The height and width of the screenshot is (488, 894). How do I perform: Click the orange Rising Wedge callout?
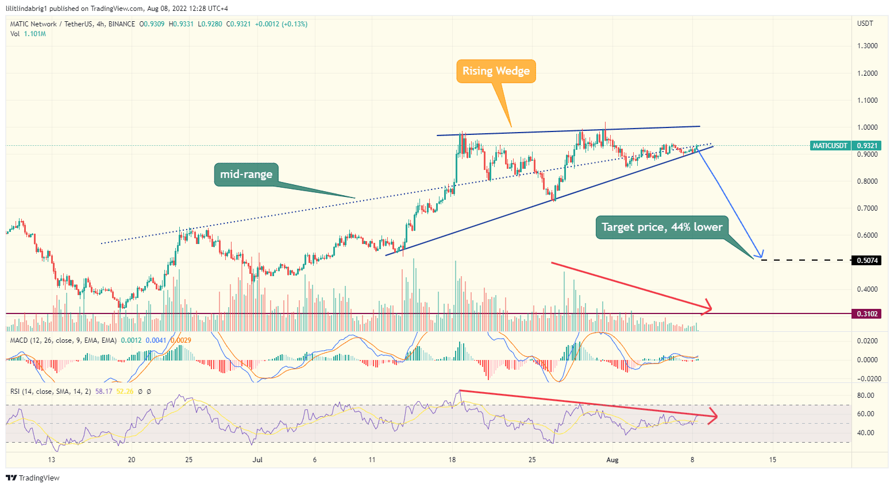tap(496, 71)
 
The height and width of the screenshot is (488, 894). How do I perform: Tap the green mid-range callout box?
tap(246, 175)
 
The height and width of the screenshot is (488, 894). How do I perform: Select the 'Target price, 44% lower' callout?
tap(662, 227)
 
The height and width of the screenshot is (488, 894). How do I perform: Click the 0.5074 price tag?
tap(867, 261)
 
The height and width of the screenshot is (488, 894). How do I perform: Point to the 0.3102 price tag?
tap(867, 314)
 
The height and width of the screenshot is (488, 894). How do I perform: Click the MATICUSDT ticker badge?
tap(830, 146)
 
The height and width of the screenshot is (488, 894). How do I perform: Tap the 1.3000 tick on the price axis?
tap(867, 46)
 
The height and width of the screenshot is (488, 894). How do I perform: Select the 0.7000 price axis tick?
tap(867, 208)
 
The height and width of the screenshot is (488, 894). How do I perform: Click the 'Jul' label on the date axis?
tap(257, 460)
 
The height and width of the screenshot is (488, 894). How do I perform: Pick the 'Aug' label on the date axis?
tap(612, 460)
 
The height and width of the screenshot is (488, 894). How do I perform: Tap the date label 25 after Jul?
tap(532, 460)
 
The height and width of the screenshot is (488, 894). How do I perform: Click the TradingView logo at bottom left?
tap(33, 478)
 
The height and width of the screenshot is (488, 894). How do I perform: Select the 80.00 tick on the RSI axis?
tap(865, 396)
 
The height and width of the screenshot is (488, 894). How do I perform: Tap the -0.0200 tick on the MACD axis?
tap(866, 379)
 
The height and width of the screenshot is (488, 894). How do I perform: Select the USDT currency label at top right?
tap(865, 24)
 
